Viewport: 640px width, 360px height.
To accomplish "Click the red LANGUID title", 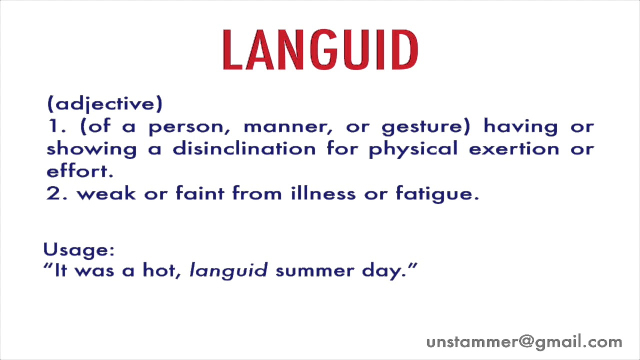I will (320, 50).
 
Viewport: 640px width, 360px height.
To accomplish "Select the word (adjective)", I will (104, 104).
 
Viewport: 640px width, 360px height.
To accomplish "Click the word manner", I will (287, 127).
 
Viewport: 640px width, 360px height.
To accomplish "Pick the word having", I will (520, 127).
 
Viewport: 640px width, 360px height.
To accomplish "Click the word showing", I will (91, 149).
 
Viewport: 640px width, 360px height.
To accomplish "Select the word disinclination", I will (244, 148).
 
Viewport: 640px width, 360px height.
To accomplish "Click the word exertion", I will (514, 148).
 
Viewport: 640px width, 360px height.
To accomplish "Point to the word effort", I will (79, 171).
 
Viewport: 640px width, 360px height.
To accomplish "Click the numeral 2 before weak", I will (53, 193).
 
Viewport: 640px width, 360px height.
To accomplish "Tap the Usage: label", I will (79, 249).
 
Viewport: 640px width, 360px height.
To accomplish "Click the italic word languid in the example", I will (228, 271).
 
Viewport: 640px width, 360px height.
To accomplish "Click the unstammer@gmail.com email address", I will (524, 342).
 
